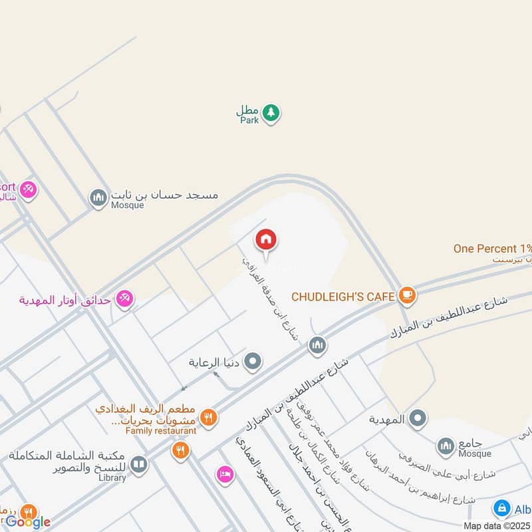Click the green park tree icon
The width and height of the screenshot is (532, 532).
[x=270, y=113]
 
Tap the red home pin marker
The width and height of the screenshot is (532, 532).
[x=266, y=240]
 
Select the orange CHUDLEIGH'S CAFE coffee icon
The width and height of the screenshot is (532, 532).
[x=407, y=295]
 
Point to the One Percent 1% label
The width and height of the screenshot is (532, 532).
[x=493, y=249]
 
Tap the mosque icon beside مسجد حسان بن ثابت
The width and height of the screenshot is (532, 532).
[x=98, y=198]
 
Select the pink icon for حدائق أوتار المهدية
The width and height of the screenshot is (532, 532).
[x=124, y=299]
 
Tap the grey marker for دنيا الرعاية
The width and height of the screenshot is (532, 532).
[x=253, y=362]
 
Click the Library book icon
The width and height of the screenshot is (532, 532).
[x=138, y=464]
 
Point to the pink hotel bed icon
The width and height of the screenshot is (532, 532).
[x=225, y=474]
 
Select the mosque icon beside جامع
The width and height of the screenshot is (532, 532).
[x=446, y=444]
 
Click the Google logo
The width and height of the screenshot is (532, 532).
[x=28, y=522]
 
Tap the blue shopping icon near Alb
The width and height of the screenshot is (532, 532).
[x=502, y=509]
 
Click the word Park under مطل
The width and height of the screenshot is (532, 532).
[x=249, y=121]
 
